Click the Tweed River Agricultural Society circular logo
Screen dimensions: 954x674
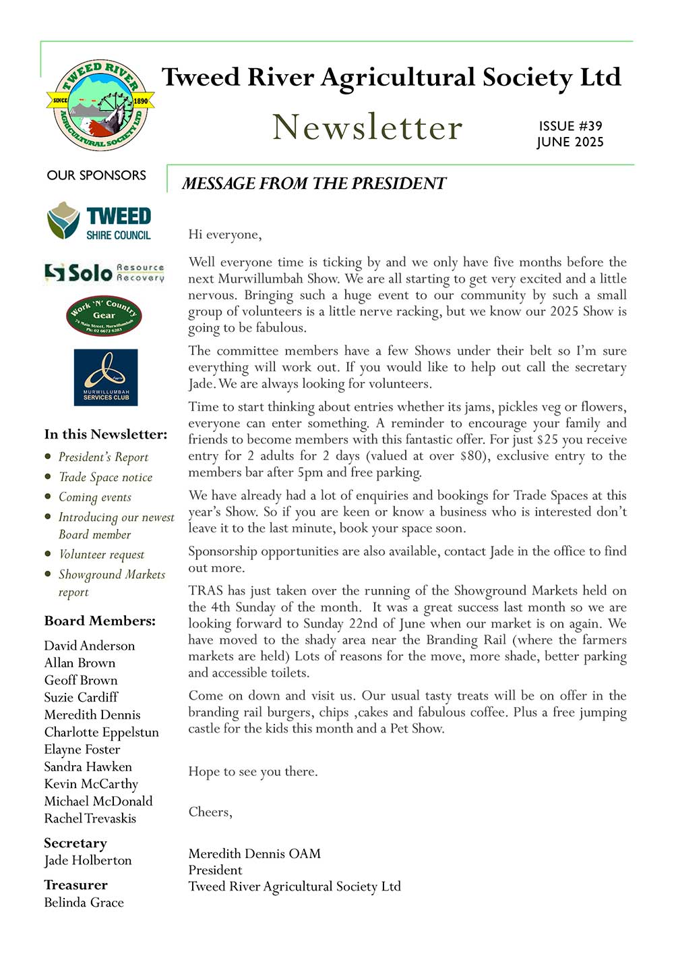click(x=100, y=105)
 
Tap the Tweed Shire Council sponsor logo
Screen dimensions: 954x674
click(x=99, y=221)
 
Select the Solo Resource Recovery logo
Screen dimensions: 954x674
click(x=104, y=272)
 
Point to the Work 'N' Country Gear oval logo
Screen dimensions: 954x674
click(x=104, y=315)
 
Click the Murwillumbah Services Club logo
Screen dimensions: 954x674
click(x=106, y=377)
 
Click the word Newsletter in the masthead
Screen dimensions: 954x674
click(x=367, y=127)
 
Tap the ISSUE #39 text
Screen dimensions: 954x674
click(x=570, y=126)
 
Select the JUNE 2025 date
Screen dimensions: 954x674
click(x=570, y=142)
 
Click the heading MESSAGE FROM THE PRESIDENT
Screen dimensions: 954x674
click(x=314, y=184)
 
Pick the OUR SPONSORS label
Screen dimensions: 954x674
click(x=96, y=175)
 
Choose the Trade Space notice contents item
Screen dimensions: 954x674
click(x=105, y=477)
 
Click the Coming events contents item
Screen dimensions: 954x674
click(x=95, y=497)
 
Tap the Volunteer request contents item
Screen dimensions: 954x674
click(x=101, y=555)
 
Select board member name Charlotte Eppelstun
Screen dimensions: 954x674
click(x=102, y=732)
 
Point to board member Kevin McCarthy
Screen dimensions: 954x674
click(x=91, y=784)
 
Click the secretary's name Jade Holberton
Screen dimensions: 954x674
click(x=88, y=860)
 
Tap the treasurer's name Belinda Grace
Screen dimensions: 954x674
click(x=84, y=902)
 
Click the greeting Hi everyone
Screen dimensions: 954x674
click(x=225, y=235)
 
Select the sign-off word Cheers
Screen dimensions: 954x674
click(x=210, y=812)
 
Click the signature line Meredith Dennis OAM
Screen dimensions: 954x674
click(x=255, y=853)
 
